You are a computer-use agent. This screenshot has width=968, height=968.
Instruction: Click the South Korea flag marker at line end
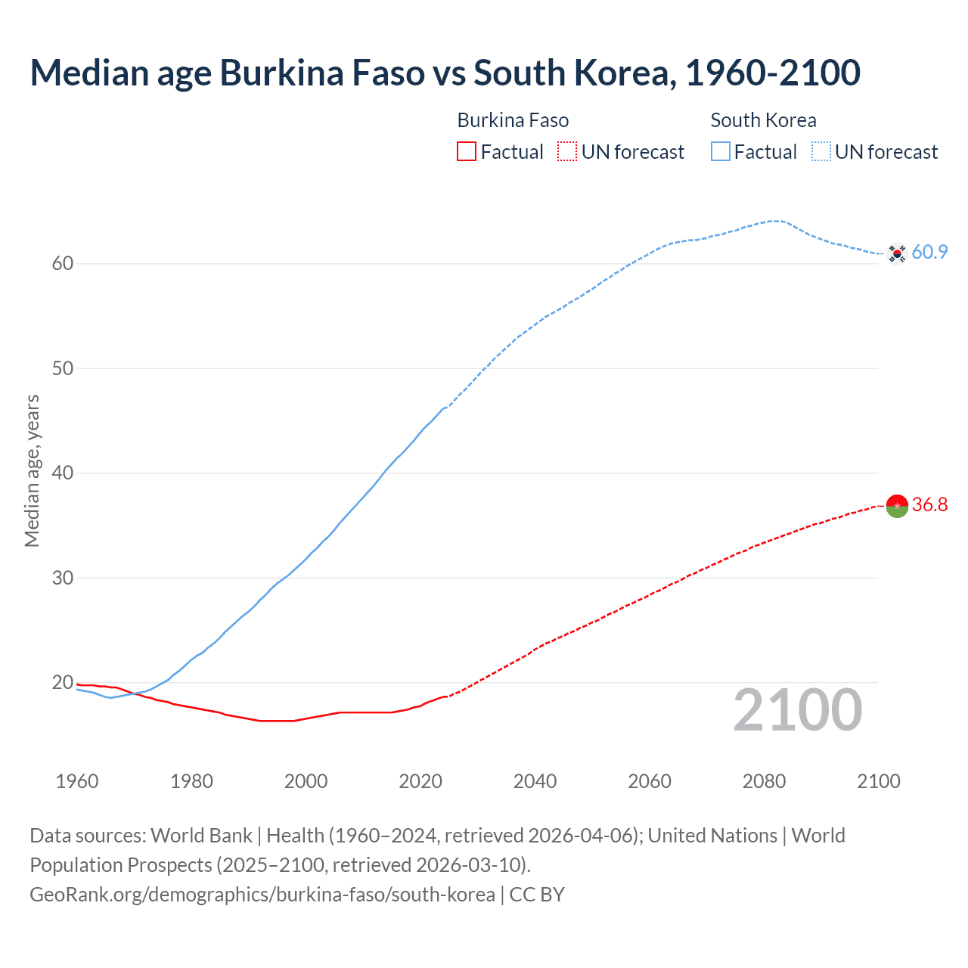pyautogui.click(x=897, y=253)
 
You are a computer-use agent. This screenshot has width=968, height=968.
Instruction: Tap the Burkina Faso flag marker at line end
pyautogui.click(x=897, y=506)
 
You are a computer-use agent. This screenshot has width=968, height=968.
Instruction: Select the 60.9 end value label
pyautogui.click(x=929, y=253)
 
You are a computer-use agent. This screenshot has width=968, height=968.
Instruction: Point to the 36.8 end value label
pyautogui.click(x=929, y=505)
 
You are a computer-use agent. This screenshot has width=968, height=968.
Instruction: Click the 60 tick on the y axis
pyautogui.click(x=63, y=264)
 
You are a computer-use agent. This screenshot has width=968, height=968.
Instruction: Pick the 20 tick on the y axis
pyautogui.click(x=63, y=683)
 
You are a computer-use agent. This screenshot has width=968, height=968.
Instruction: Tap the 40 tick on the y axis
pyautogui.click(x=63, y=473)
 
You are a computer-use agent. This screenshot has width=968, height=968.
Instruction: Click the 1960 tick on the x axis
pyautogui.click(x=77, y=781)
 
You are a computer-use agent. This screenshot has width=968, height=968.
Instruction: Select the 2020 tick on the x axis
pyautogui.click(x=420, y=781)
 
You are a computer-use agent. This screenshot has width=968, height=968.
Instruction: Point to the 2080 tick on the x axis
pyautogui.click(x=764, y=781)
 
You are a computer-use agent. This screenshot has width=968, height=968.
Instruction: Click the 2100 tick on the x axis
pyautogui.click(x=879, y=781)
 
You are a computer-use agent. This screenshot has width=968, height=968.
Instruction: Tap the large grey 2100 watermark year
pyautogui.click(x=797, y=710)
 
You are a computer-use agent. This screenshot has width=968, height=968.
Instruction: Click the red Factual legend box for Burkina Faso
pyautogui.click(x=467, y=152)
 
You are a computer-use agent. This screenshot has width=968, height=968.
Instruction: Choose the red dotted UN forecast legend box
pyautogui.click(x=567, y=152)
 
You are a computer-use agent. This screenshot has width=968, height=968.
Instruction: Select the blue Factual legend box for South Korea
pyautogui.click(x=721, y=152)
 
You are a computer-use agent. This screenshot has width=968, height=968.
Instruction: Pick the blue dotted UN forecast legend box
pyautogui.click(x=821, y=152)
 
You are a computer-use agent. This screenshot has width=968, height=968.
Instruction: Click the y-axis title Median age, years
pyautogui.click(x=32, y=470)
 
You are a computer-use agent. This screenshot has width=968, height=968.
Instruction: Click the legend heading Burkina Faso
pyautogui.click(x=513, y=120)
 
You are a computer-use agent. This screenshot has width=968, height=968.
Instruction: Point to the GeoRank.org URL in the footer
pyautogui.click(x=262, y=895)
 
